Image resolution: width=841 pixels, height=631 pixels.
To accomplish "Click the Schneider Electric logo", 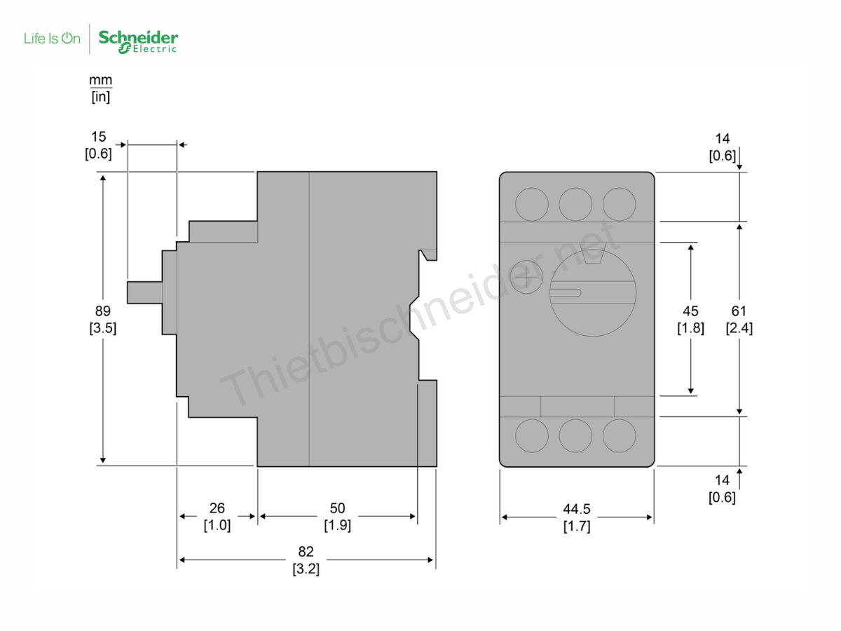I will click(138, 41).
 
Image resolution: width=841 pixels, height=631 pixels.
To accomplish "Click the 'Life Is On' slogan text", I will click(52, 39).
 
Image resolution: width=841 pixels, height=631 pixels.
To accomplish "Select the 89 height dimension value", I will click(102, 311).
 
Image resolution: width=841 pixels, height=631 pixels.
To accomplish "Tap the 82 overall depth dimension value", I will click(306, 551).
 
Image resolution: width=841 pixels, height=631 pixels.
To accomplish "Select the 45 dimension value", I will click(690, 311).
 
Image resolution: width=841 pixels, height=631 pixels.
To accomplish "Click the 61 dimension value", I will click(739, 311).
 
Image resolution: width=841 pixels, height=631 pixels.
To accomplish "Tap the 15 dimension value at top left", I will click(98, 137).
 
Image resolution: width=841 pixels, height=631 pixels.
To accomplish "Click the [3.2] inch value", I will click(306, 569).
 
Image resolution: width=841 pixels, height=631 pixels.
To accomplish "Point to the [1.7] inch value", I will click(577, 526).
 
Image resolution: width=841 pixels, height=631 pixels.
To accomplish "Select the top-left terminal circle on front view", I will click(532, 204).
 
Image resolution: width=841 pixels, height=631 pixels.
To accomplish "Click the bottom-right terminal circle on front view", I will click(620, 435).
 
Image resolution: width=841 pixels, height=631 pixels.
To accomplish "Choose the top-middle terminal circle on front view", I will click(576, 204).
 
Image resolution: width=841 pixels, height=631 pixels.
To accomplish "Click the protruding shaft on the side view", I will click(144, 292).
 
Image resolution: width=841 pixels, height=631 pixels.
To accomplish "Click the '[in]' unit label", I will click(100, 97).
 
